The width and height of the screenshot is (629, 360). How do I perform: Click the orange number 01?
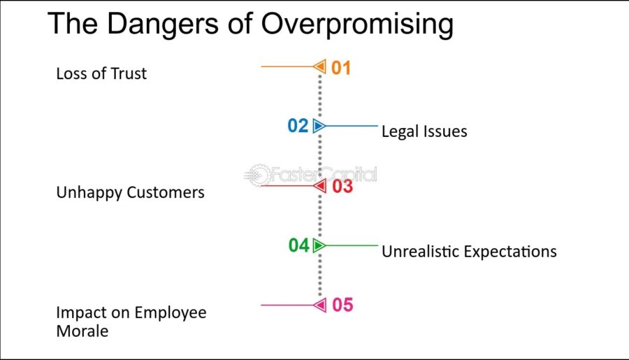click(341, 68)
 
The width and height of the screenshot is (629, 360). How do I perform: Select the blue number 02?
click(298, 126)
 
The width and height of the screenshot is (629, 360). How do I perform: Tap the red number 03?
click(342, 186)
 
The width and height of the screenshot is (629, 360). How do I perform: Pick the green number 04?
click(299, 245)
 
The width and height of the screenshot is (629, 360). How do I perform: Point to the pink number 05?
click(342, 305)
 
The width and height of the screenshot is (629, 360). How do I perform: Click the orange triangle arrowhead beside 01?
click(319, 66)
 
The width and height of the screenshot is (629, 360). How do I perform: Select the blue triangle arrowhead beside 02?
click(319, 126)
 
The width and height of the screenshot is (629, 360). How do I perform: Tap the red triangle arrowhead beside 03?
click(319, 186)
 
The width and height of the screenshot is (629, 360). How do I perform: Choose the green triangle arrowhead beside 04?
click(319, 245)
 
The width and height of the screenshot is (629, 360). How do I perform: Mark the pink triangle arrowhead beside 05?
click(319, 305)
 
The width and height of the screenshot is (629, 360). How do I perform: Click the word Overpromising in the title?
click(357, 24)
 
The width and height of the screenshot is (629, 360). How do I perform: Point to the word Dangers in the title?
click(163, 24)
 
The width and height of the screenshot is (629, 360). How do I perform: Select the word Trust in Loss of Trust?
click(129, 73)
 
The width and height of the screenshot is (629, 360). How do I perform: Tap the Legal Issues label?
click(424, 131)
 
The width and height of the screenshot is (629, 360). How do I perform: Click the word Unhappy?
click(89, 193)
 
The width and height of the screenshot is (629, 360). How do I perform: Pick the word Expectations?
click(510, 252)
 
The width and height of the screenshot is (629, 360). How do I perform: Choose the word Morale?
click(82, 331)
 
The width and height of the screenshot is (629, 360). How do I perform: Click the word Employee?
click(171, 312)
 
